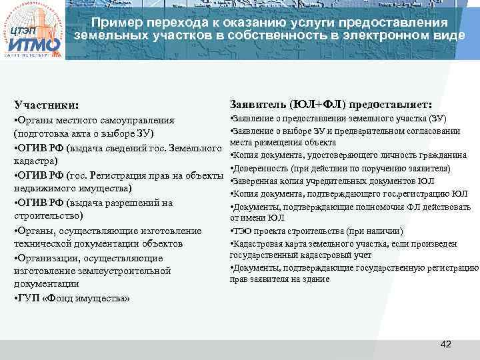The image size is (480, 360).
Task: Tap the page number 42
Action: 446,344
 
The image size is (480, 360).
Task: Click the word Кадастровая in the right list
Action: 257,243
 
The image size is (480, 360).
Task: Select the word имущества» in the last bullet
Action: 104,297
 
